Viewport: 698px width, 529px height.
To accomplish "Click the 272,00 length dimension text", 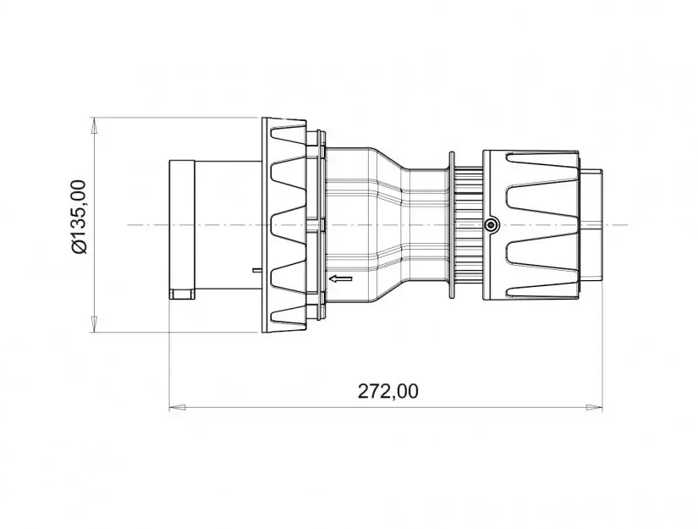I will (x=387, y=390).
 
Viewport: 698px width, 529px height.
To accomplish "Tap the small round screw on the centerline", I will (x=492, y=224).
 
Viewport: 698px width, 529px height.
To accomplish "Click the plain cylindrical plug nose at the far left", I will (x=183, y=224).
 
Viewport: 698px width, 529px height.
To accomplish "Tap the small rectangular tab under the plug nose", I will (x=182, y=295).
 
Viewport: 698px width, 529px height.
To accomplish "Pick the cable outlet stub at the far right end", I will (x=594, y=224).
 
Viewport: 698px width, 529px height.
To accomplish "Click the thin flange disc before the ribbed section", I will (x=452, y=224).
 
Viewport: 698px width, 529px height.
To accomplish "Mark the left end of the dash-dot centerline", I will (x=127, y=225).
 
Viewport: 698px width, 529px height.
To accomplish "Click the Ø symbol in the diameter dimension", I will (x=79, y=246).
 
